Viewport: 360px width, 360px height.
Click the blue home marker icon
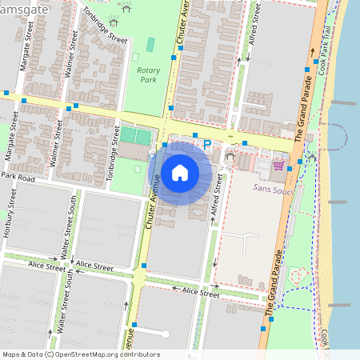180,172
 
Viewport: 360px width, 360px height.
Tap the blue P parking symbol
207,145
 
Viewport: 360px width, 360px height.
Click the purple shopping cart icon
278,165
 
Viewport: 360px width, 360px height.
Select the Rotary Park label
148,74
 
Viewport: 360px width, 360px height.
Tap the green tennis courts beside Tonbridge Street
135,136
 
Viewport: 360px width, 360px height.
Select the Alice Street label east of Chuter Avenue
201,292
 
